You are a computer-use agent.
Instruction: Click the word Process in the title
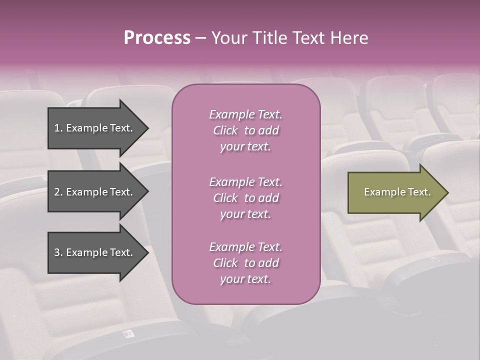[157, 38]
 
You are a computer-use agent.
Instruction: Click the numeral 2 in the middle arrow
[57, 192]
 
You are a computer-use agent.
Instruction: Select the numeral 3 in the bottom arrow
[57, 252]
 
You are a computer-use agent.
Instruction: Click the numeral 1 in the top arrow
[57, 128]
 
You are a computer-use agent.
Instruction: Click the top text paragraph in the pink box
[245, 130]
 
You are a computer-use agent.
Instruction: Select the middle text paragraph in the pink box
[245, 198]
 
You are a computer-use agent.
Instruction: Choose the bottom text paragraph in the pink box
[245, 263]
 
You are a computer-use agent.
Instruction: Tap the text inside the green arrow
[397, 192]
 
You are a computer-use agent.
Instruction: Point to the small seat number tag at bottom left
[129, 333]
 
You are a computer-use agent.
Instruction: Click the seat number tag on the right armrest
[434, 259]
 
